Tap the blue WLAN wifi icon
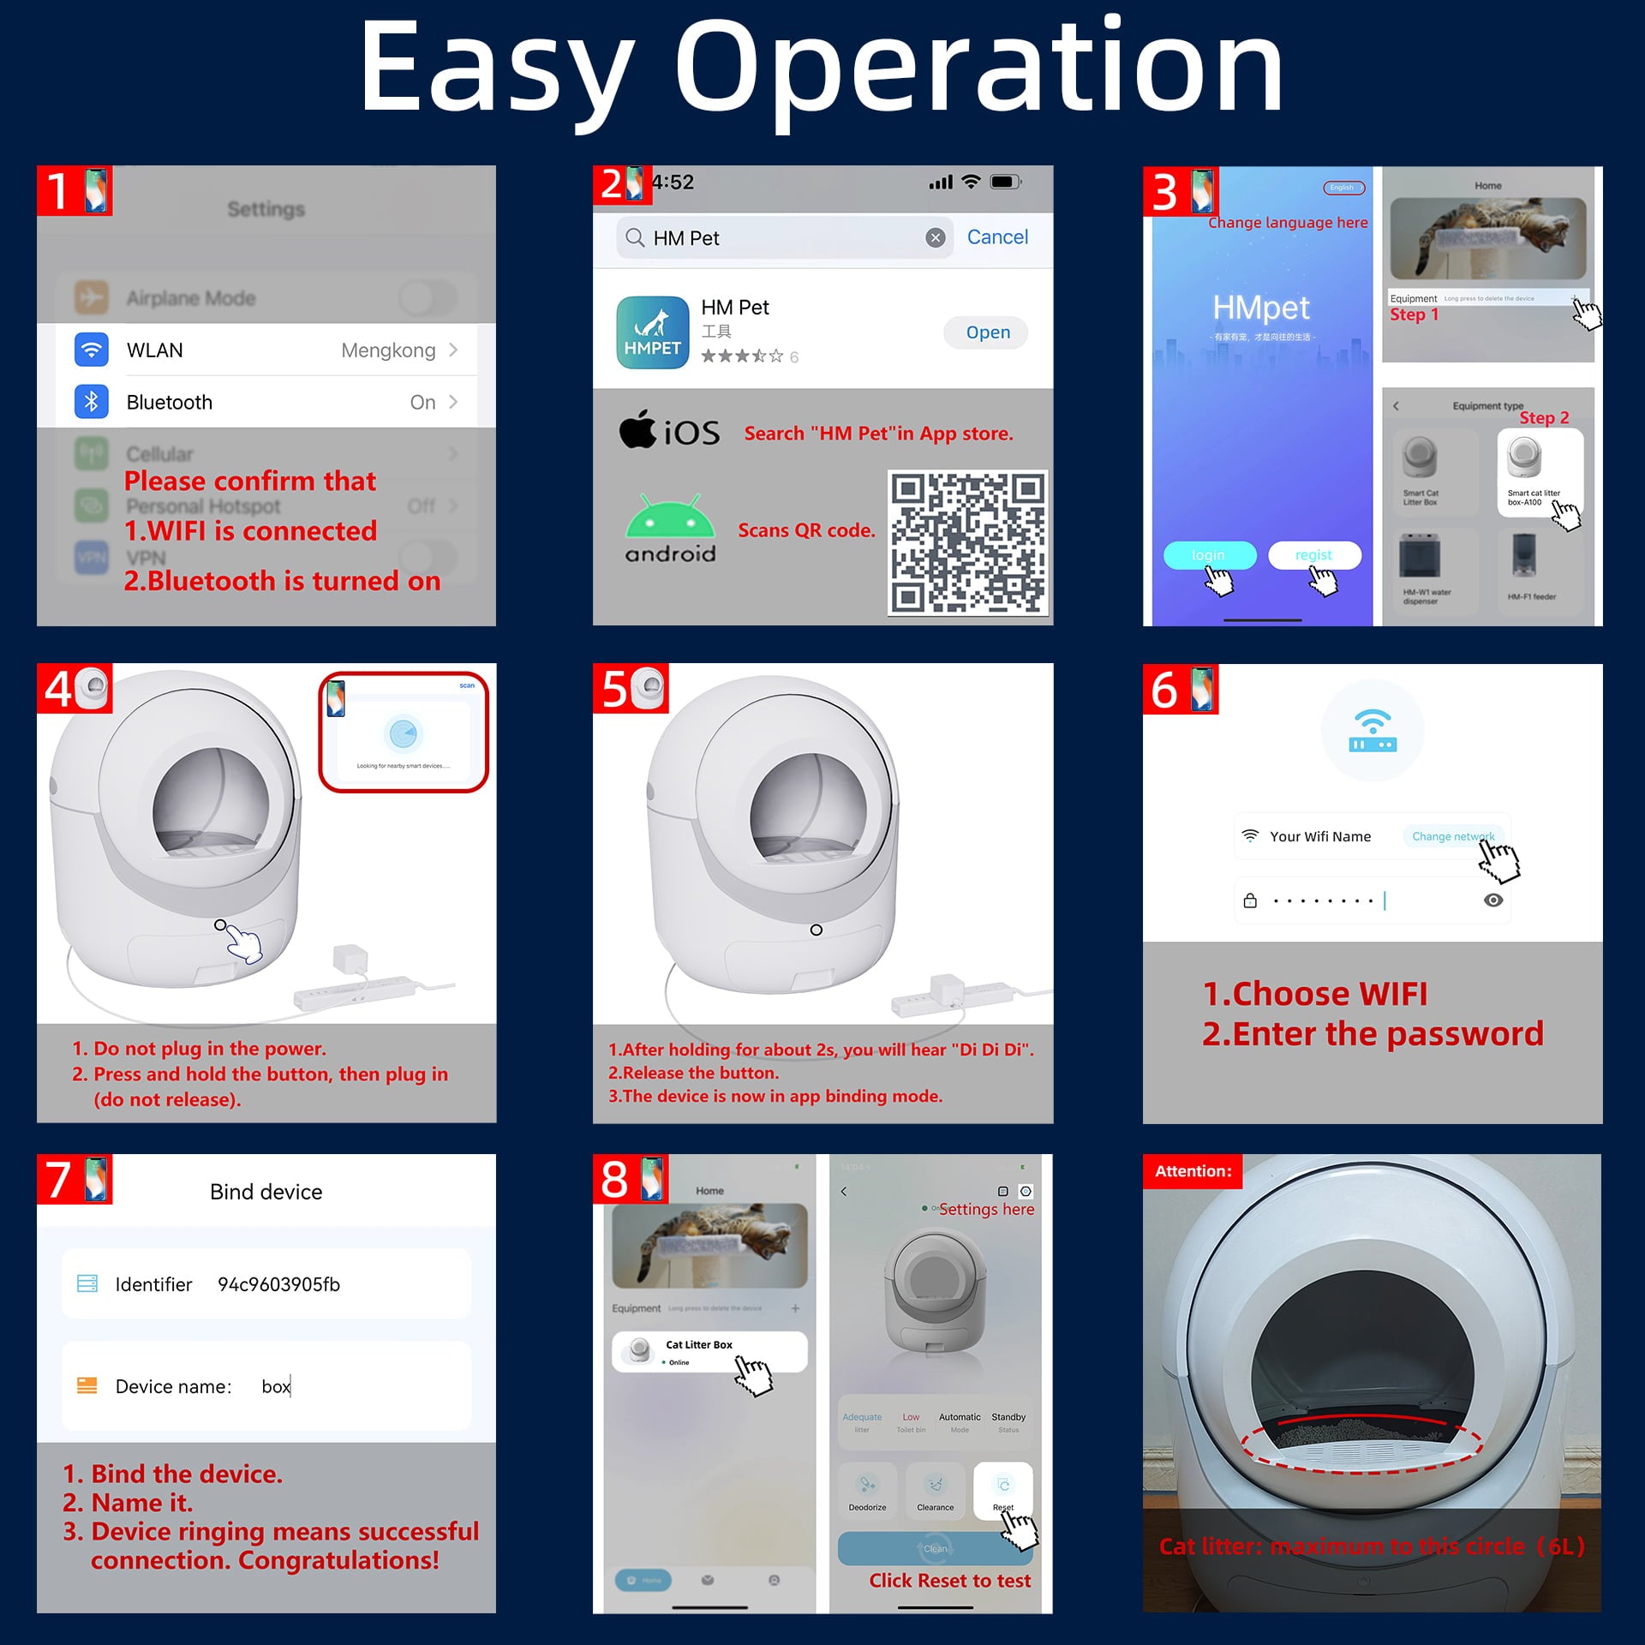click(92, 350)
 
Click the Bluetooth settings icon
click(92, 402)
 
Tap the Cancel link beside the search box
click(996, 237)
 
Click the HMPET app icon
click(652, 332)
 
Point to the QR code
click(966, 541)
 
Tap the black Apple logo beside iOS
click(637, 429)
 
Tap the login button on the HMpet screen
click(1208, 555)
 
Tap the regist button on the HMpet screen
click(1313, 555)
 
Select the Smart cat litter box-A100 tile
click(1539, 472)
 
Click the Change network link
click(1452, 836)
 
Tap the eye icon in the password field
click(1492, 900)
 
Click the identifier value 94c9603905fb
click(278, 1284)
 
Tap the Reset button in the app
click(1002, 1490)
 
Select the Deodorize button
click(867, 1490)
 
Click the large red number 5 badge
click(615, 689)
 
